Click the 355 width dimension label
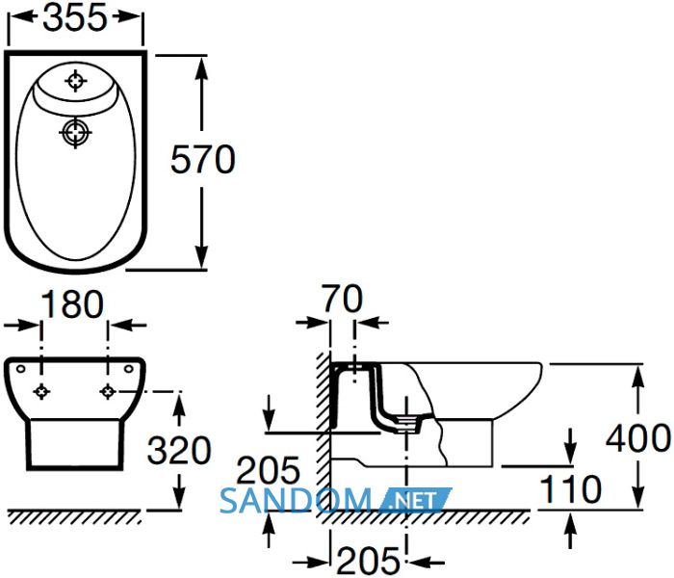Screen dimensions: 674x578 click(x=75, y=18)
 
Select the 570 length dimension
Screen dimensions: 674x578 click(x=203, y=160)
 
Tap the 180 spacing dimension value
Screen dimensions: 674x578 click(x=73, y=304)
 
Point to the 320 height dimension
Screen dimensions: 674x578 click(x=179, y=450)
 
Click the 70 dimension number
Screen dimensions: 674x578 click(x=343, y=299)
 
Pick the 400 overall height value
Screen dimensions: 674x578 click(x=638, y=438)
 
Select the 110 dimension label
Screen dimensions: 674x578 click(x=570, y=489)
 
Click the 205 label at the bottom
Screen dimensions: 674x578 click(x=368, y=561)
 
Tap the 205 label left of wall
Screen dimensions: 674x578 click(x=269, y=470)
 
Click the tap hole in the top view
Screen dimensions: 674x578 click(x=76, y=80)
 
